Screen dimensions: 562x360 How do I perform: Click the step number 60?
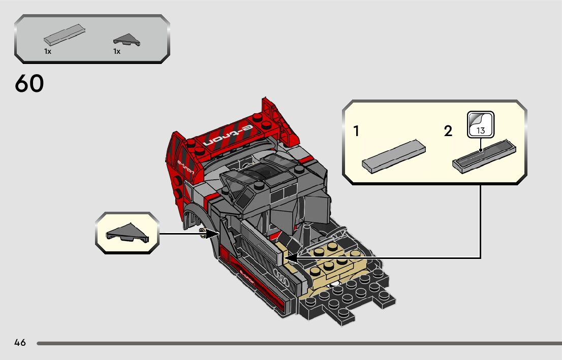point(29,84)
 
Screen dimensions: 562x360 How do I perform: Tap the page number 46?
point(20,342)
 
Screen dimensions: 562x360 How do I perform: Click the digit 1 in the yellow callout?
point(357,132)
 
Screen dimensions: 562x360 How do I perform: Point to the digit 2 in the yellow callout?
point(448,132)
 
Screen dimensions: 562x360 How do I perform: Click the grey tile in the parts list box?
point(65,36)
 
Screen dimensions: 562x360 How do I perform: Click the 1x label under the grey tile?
point(47,51)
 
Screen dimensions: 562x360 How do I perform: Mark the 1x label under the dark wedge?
point(117,51)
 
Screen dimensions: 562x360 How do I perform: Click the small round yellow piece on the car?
point(204,233)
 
